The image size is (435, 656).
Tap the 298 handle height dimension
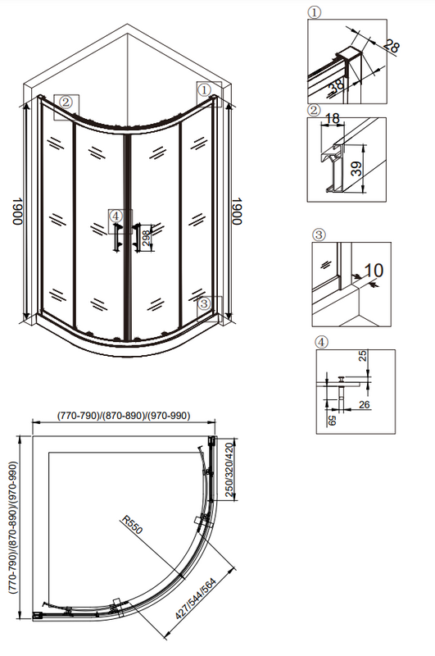(x=146, y=237)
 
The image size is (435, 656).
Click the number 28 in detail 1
(x=391, y=45)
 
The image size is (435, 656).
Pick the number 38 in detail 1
(x=338, y=85)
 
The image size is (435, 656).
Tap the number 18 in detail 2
(x=333, y=119)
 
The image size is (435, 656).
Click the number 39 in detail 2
(x=356, y=169)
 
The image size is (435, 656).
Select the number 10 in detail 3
(x=374, y=270)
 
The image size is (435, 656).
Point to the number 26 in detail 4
(x=365, y=404)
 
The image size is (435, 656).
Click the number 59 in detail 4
(x=333, y=420)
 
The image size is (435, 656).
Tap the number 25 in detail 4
(x=363, y=356)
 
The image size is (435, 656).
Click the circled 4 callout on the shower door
(x=116, y=216)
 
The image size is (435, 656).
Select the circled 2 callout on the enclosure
(x=66, y=102)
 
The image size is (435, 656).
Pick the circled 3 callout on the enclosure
(x=204, y=303)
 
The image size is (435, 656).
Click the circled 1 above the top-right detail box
(x=315, y=12)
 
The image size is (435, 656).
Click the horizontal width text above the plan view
(x=123, y=416)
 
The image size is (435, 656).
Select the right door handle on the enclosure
(x=136, y=237)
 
